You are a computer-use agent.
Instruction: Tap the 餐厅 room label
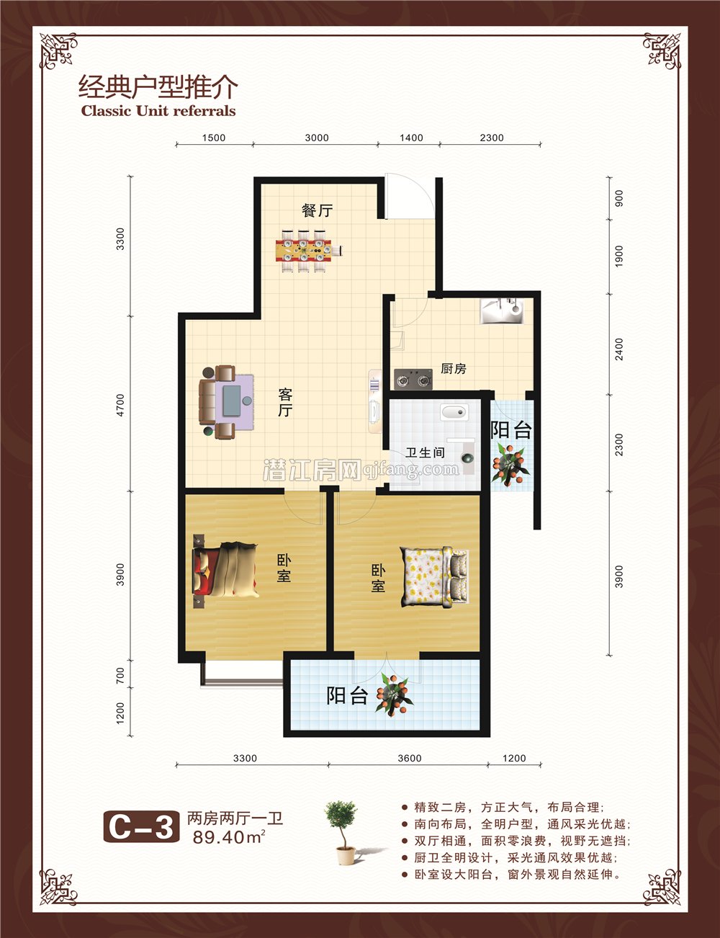point(317,210)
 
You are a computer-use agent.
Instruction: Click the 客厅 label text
point(285,402)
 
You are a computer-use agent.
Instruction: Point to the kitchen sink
point(503,311)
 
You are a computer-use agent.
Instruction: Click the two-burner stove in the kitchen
point(413,378)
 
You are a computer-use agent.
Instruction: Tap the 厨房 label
point(453,369)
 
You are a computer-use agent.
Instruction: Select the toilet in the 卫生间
point(454,413)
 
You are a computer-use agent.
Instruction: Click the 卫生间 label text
point(425,453)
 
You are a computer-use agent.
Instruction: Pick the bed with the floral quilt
point(435,576)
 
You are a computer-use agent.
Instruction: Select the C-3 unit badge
point(141,826)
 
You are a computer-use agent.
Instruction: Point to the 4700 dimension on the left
point(120,404)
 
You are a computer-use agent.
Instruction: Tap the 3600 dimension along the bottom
point(409,758)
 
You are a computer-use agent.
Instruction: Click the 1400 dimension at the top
point(410,138)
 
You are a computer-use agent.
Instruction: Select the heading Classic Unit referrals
point(158,111)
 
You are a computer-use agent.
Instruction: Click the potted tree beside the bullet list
point(343,831)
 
